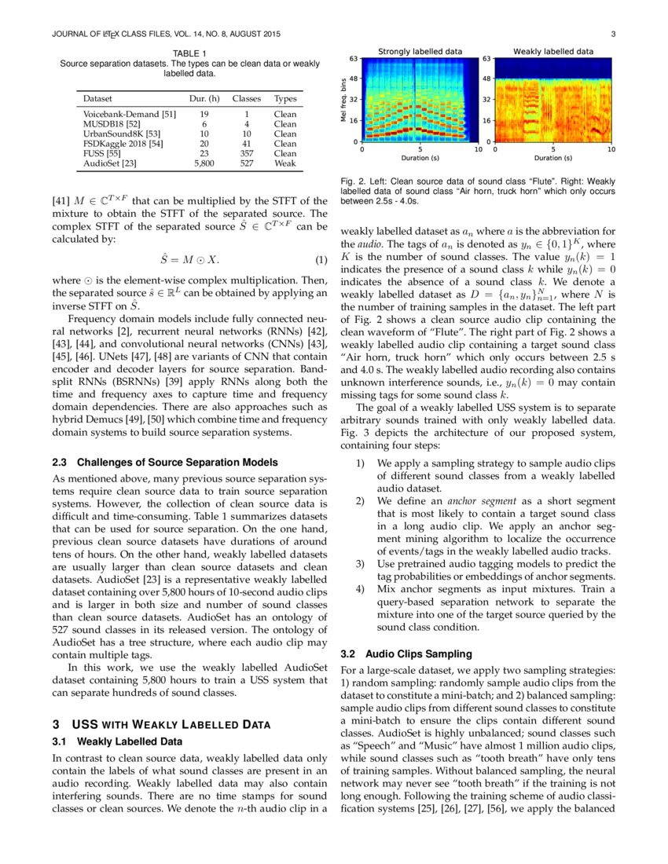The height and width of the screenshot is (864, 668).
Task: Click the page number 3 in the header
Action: tap(612, 35)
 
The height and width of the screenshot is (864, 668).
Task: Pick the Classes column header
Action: tap(246, 100)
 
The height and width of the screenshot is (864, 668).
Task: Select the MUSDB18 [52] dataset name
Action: tap(112, 124)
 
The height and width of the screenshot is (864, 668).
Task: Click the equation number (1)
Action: tap(321, 260)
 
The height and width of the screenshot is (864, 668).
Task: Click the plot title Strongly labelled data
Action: tap(420, 51)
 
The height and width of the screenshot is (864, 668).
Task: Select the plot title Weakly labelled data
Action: tap(553, 51)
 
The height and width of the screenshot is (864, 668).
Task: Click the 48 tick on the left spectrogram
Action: tap(354, 79)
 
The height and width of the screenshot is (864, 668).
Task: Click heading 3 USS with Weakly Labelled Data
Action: tap(161, 724)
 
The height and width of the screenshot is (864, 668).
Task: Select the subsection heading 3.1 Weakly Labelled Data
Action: tap(117, 741)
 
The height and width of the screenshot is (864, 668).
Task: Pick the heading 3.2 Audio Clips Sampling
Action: tap(406, 653)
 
